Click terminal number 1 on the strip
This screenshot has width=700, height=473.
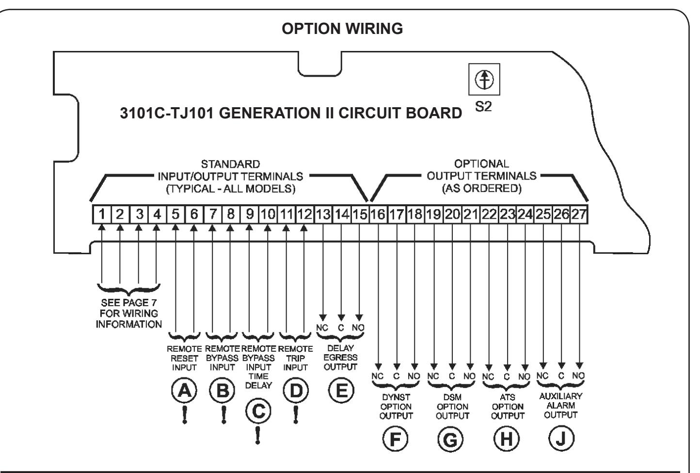pyautogui.click(x=102, y=214)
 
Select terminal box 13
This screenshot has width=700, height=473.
pyautogui.click(x=323, y=214)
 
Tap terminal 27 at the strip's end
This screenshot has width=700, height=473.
pyautogui.click(x=579, y=214)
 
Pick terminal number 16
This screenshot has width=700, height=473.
pyautogui.click(x=378, y=214)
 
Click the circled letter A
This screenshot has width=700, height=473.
pyautogui.click(x=184, y=391)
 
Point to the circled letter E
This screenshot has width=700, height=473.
pyautogui.click(x=341, y=391)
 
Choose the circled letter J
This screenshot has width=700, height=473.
pyautogui.click(x=561, y=439)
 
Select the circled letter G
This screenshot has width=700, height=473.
pyautogui.click(x=451, y=439)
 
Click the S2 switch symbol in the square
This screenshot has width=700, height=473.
pyautogui.click(x=484, y=80)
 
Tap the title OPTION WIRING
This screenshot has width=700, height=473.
pyautogui.click(x=342, y=29)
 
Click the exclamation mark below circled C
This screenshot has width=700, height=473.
pyautogui.click(x=257, y=435)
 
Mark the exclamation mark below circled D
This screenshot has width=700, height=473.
pyautogui.click(x=296, y=415)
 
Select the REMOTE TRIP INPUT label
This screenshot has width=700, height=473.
pyautogui.click(x=295, y=358)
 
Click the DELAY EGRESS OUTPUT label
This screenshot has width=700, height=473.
pyautogui.click(x=340, y=357)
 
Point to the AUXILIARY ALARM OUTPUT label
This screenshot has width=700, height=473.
pyautogui.click(x=561, y=406)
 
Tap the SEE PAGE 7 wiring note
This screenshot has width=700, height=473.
pyautogui.click(x=128, y=313)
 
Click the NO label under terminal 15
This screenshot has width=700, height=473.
pyautogui.click(x=358, y=327)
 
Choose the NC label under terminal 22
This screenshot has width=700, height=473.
pyautogui.click(x=488, y=376)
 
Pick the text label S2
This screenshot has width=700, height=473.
pyautogui.click(x=483, y=107)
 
